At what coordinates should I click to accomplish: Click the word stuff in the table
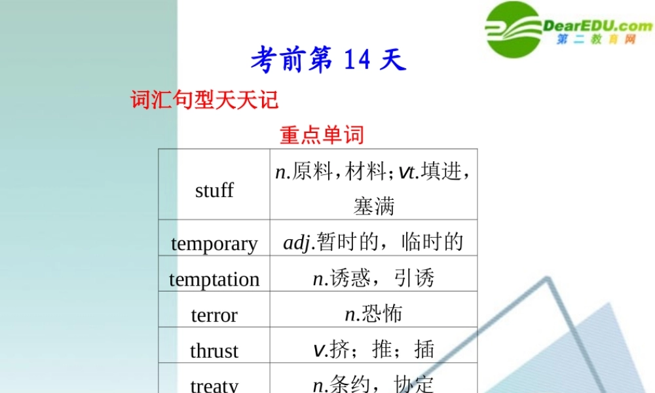tap(214, 191)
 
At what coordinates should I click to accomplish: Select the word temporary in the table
tap(214, 244)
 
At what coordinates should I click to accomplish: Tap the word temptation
tap(214, 280)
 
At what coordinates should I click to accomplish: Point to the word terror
tap(214, 315)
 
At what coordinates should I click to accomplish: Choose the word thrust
tap(214, 350)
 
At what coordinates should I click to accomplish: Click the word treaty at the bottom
tap(214, 384)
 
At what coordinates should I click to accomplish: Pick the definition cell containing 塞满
tap(374, 207)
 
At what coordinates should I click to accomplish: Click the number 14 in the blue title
tap(357, 60)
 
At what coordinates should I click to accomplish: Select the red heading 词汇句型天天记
tap(205, 100)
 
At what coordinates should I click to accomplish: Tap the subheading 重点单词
tap(321, 136)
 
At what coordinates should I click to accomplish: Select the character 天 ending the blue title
tap(393, 60)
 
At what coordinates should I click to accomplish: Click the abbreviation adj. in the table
tap(299, 243)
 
